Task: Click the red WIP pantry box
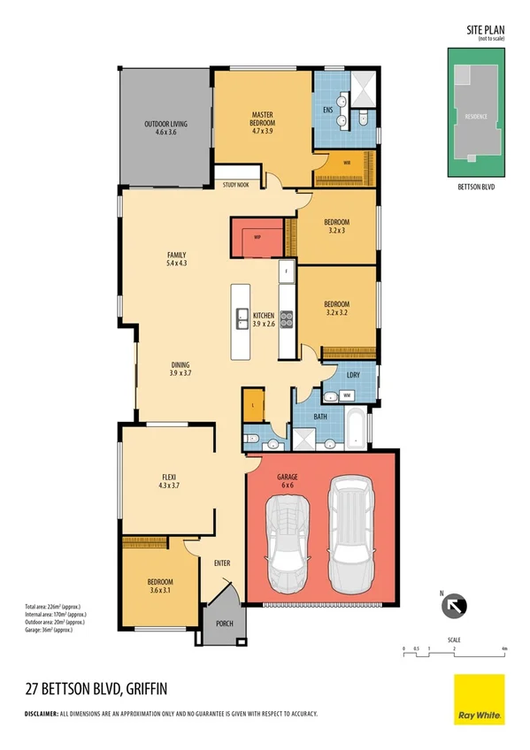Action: pyautogui.click(x=257, y=237)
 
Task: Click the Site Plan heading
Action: pyautogui.click(x=484, y=30)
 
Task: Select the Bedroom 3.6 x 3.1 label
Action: pyautogui.click(x=160, y=585)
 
